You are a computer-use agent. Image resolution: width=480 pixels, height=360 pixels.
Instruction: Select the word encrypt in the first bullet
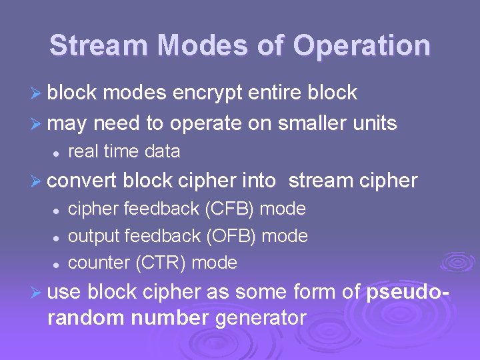click(208, 93)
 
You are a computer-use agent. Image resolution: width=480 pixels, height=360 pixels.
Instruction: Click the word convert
click(83, 181)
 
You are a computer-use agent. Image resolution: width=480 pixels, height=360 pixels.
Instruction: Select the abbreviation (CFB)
click(229, 209)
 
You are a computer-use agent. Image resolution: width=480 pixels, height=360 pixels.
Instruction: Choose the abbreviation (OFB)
click(230, 236)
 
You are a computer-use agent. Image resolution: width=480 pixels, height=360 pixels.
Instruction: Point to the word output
click(93, 236)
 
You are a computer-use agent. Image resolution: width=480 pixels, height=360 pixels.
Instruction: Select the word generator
click(261, 319)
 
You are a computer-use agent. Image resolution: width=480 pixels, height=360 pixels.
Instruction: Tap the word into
click(262, 181)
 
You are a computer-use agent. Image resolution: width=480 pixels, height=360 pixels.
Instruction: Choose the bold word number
click(170, 319)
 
